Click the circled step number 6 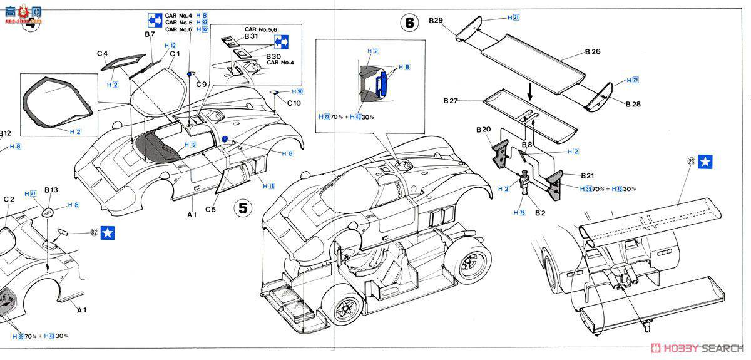tap(409, 23)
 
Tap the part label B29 tap(436, 21)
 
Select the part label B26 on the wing tap(591, 51)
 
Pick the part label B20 tap(483, 130)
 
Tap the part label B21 tap(587, 176)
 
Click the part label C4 tap(103, 54)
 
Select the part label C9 tap(201, 85)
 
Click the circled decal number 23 tap(691, 161)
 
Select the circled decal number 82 tap(94, 232)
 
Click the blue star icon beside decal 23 tap(707, 162)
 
